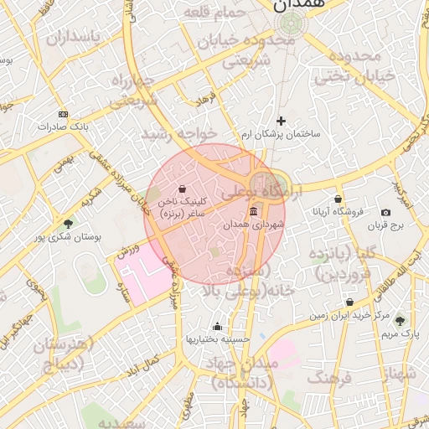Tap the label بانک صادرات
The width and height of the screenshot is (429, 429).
point(62,127)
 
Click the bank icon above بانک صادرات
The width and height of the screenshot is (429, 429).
point(63,113)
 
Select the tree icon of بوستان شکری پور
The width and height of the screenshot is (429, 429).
point(68,224)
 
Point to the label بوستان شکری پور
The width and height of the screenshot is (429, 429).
point(66,237)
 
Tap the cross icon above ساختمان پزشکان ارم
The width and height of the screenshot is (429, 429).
point(281,121)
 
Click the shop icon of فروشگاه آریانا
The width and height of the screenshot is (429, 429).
point(338,199)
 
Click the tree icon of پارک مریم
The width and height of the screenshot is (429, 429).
point(399,319)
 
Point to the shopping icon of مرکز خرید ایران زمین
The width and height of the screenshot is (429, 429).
point(349,302)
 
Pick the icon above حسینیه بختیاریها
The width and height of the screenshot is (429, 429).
point(218,326)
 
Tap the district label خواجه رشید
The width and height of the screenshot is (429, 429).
point(178,133)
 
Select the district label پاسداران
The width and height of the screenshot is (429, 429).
point(73,38)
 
